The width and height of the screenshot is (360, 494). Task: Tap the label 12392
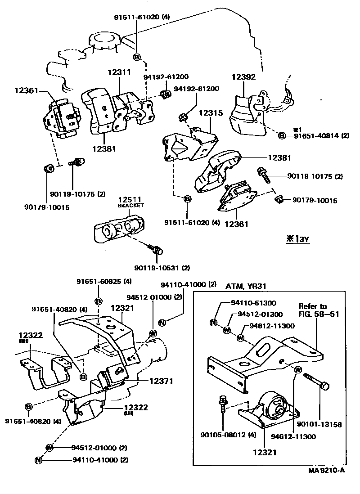point(243,77)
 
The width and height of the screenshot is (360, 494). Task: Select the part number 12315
point(208,114)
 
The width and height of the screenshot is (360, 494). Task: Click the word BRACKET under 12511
point(130,205)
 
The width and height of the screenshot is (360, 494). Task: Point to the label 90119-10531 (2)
point(162,268)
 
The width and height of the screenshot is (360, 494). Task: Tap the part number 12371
point(162,381)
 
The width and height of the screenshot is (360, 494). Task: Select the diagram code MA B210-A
point(326,471)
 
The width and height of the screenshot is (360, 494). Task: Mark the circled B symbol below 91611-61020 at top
point(136,57)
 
